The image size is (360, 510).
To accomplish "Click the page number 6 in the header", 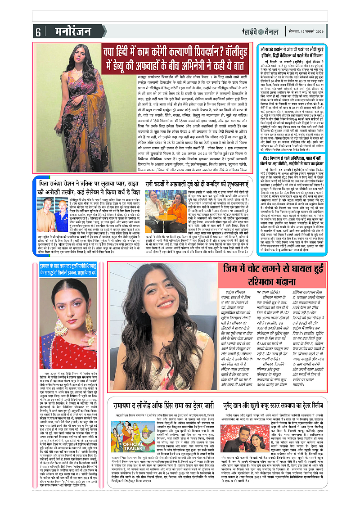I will [x=38, y=32].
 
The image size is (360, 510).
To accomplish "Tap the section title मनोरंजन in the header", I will [x=62, y=32].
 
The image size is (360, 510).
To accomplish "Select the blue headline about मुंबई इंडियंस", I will [x=306, y=53].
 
